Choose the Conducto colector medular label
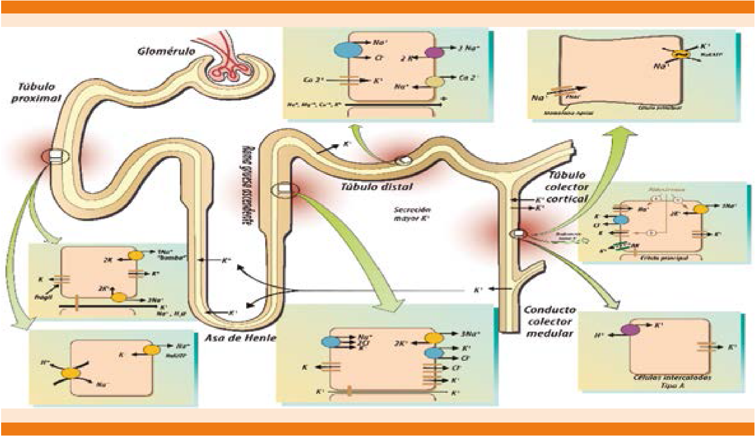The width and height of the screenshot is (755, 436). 550,322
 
